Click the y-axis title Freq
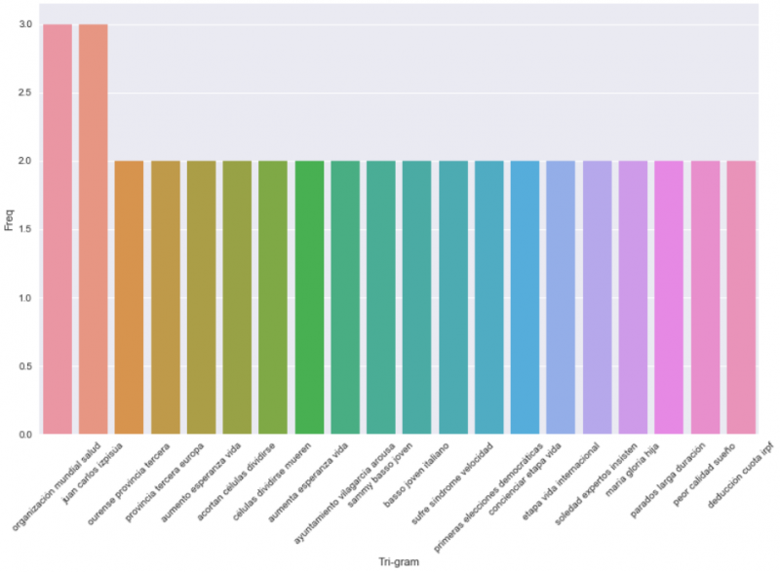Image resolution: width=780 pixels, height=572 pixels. pos(9,229)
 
